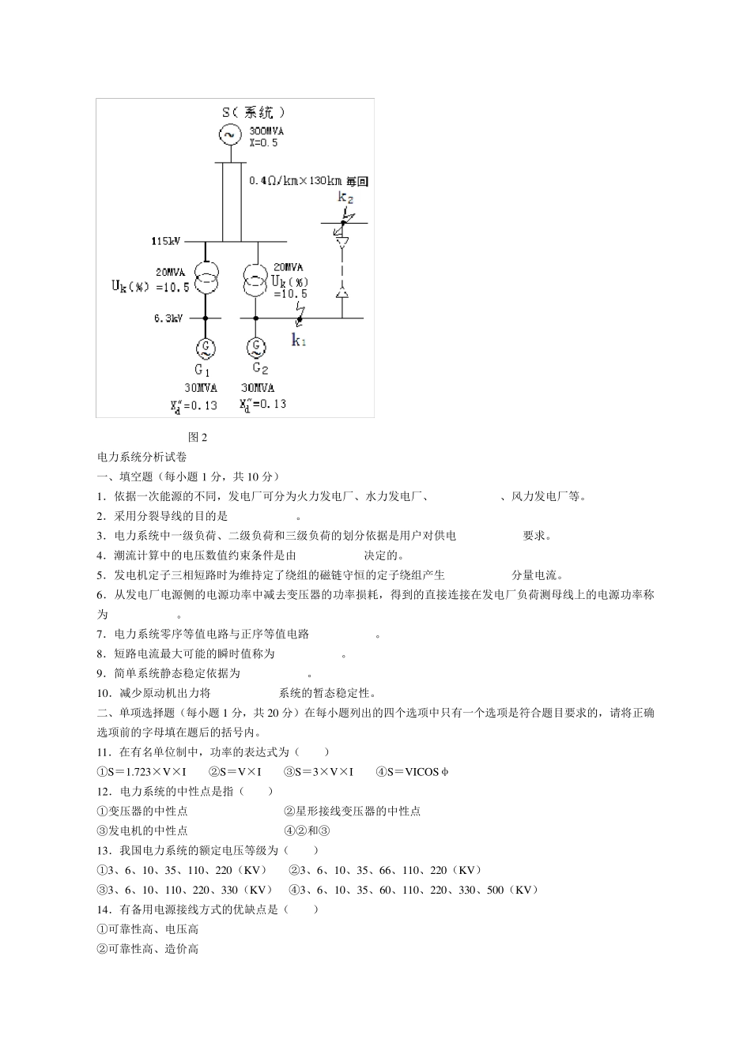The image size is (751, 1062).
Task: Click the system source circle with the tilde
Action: pos(230,135)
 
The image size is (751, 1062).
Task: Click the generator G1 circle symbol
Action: pos(206,347)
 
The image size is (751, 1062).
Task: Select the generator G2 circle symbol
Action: pos(255,347)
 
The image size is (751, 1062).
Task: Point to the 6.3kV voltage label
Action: pos(168,318)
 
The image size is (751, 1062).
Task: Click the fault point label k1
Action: pos(299,340)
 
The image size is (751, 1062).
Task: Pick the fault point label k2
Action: pos(345,198)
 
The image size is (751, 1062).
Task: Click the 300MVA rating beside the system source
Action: pos(266,131)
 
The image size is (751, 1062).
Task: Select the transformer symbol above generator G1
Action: pos(206,282)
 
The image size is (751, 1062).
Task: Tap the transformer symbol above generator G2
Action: pos(255,282)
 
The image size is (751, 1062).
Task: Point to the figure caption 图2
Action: pos(198,437)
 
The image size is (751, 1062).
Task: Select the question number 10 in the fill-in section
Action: pos(104,693)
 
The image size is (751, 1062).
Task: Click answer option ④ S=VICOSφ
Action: pos(412,772)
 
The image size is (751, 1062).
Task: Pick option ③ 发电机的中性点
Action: pos(142,830)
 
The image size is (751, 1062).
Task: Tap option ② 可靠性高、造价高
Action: pos(148,949)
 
